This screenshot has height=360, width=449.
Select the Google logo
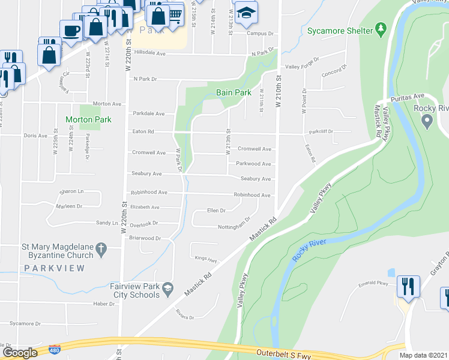point(19,352)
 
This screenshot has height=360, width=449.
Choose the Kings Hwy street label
point(205,260)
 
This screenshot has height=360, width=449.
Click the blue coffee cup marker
point(71,30)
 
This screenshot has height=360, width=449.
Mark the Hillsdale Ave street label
point(149,53)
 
